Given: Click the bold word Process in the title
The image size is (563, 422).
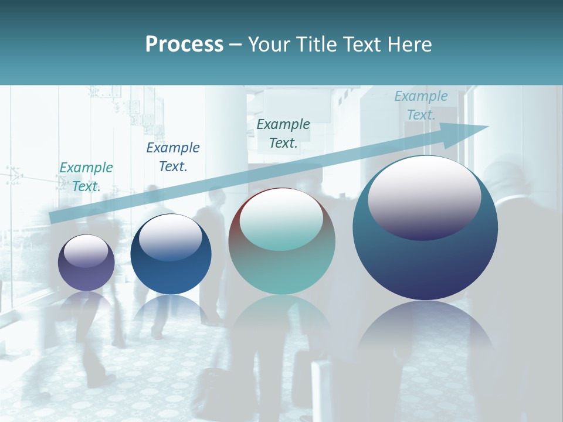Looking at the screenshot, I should tap(184, 45).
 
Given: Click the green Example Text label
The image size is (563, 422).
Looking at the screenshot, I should tap(86, 176).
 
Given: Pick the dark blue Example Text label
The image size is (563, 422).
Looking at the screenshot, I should tap(173, 156).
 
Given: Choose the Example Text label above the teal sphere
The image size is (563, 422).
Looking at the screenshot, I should tap(283, 133).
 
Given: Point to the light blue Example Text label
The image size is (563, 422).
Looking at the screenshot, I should tap(420, 105).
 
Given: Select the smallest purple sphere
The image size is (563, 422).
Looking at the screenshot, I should tap(86, 275).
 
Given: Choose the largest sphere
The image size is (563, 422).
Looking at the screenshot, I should tap(425, 264).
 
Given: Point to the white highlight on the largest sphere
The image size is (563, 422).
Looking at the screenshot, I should tap(424, 196).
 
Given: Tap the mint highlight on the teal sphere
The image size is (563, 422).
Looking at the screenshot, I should tap(281, 220).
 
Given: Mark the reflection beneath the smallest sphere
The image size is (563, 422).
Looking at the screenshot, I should tap(86, 305).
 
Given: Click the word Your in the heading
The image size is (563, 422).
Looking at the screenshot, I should tap(267, 45).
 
